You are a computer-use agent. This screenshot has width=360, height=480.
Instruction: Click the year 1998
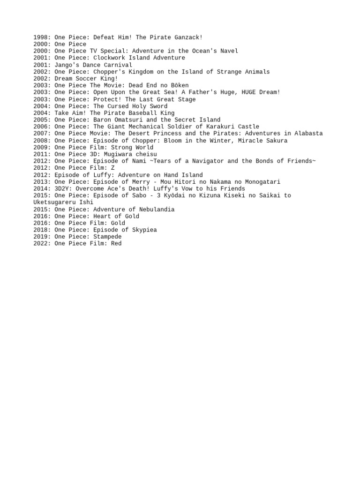[x=41, y=37]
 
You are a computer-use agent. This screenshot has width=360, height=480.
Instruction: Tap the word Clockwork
[x=109, y=58]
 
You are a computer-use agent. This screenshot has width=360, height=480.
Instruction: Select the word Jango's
[x=67, y=65]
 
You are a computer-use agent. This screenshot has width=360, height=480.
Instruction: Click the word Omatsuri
[x=128, y=120]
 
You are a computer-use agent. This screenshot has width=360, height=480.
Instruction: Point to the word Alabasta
[x=308, y=134]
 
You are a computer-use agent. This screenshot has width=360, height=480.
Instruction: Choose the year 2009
[x=41, y=147]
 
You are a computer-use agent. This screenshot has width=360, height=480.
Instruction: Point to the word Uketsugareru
[x=54, y=202]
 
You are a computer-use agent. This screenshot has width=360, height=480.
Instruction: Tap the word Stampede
[x=107, y=237]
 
